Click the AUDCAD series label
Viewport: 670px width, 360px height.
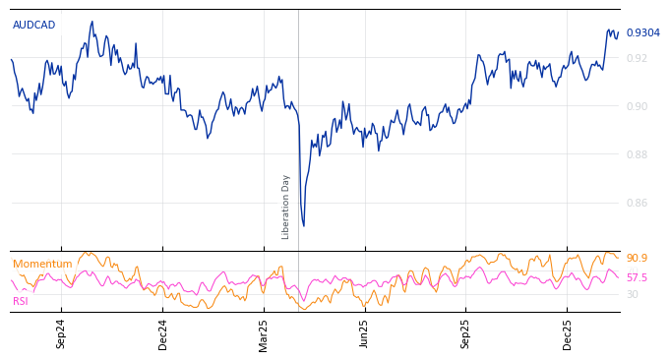click(34, 26)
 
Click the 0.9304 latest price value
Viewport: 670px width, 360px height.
click(642, 33)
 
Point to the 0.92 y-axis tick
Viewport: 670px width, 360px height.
click(637, 58)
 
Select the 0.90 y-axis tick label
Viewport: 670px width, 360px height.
click(637, 106)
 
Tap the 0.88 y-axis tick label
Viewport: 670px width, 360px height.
click(637, 154)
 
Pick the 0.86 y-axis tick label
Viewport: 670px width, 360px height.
click(637, 203)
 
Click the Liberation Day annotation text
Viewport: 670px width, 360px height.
click(286, 207)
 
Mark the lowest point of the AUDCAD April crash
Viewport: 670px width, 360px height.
click(303, 226)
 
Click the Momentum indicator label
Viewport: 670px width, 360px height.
click(42, 265)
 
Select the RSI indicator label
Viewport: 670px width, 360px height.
click(21, 301)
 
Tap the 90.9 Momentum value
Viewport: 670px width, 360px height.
click(637, 259)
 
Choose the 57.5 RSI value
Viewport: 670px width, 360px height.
click(637, 278)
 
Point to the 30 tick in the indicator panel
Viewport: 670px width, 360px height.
click(633, 294)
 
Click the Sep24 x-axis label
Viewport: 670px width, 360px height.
click(61, 333)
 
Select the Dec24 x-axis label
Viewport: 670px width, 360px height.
click(163, 333)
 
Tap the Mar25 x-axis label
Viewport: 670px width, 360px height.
click(264, 333)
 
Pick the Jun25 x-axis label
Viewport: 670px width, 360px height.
click(364, 333)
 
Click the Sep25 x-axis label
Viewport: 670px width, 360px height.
click(465, 333)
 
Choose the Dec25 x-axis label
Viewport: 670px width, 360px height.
click(567, 333)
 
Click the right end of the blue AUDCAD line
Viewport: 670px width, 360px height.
click(619, 32)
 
